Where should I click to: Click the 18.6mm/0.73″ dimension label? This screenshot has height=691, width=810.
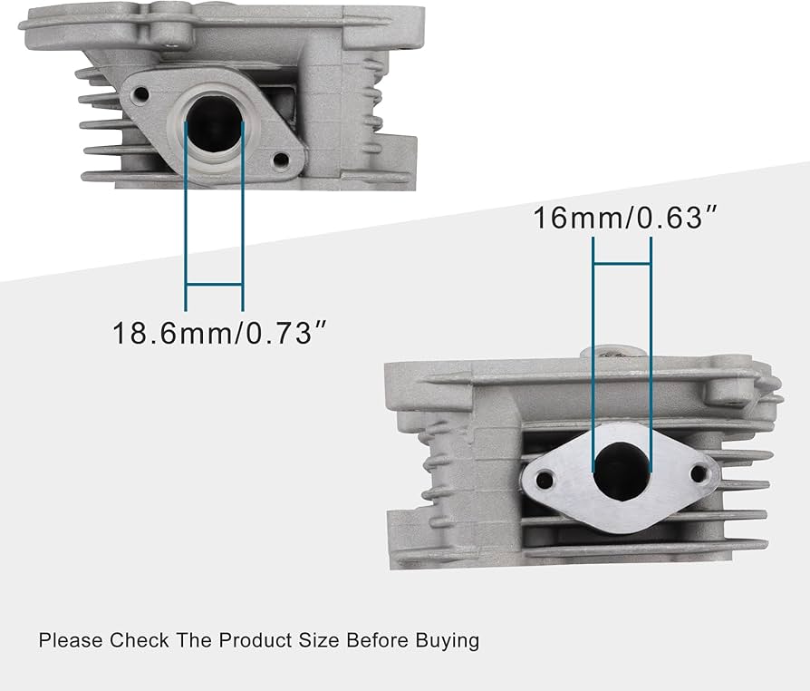pos(218,332)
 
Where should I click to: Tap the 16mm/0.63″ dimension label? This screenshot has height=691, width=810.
pos(619,219)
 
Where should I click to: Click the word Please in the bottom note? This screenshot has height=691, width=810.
pos(71,640)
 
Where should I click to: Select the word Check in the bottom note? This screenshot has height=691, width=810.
pos(139,640)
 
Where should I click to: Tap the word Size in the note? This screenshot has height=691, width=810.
pos(318,640)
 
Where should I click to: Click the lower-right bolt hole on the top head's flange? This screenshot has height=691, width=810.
pos(281,161)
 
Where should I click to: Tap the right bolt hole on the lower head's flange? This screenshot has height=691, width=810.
pos(699,472)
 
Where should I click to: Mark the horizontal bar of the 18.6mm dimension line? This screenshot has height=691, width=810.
pos(214,285)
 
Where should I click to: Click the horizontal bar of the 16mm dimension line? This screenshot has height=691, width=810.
pos(622,264)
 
